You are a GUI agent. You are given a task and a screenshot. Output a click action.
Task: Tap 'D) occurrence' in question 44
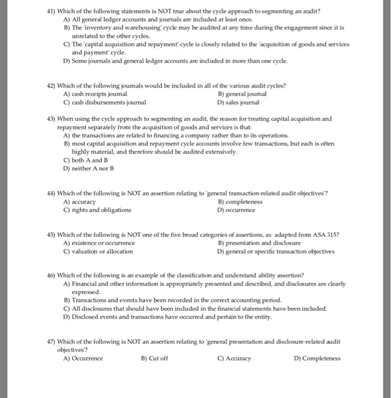coord(236,209)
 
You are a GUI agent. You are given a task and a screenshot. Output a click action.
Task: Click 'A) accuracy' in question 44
coord(80,201)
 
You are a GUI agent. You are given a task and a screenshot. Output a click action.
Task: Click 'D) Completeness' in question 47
coord(318,359)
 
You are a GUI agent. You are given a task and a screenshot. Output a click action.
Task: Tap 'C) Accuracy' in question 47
coord(234,359)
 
